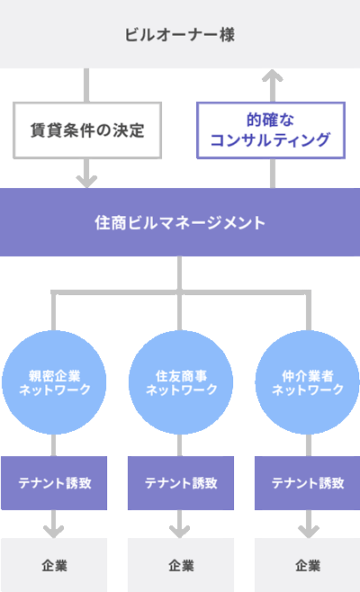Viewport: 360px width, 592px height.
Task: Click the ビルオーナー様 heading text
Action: (180, 35)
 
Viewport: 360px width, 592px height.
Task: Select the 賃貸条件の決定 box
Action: (87, 130)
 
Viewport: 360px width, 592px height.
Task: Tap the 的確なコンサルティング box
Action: (271, 130)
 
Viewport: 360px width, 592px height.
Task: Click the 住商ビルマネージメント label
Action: (180, 223)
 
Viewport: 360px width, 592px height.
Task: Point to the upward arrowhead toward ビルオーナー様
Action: (273, 75)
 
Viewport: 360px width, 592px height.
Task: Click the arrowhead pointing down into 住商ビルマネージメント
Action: (86, 181)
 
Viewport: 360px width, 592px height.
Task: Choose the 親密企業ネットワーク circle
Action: (54, 382)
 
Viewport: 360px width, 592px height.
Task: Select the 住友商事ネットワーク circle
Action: (181, 382)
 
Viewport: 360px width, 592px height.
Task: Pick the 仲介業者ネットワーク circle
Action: (308, 382)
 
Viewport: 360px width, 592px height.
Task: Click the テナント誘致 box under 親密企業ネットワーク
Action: (54, 483)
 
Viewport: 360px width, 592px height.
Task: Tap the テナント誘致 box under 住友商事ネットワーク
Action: (181, 483)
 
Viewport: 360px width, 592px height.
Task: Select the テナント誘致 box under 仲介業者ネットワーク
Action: (308, 483)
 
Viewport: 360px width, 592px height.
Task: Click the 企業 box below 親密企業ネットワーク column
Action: (54, 565)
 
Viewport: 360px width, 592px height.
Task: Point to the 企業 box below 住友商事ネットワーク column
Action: (181, 565)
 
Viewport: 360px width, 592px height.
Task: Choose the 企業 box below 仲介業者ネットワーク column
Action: (308, 565)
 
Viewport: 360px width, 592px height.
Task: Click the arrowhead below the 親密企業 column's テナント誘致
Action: (54, 532)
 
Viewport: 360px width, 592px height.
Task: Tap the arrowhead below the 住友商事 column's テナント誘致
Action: (179, 532)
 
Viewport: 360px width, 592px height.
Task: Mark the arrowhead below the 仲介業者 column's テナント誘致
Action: (309, 532)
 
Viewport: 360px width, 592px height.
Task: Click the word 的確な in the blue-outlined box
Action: (271, 120)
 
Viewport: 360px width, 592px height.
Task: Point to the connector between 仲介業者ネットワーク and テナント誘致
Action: (309, 445)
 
